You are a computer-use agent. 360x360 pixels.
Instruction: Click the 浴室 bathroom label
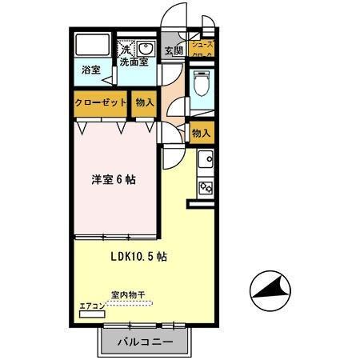pos(90,70)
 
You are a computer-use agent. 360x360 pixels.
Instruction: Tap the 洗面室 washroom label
pos(134,62)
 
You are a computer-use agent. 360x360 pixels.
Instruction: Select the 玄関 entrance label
pos(174,50)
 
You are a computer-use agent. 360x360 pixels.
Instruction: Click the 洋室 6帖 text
pos(113,179)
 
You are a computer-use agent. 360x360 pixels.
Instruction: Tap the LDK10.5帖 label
pos(138,257)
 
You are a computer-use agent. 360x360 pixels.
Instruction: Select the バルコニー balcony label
pos(145,342)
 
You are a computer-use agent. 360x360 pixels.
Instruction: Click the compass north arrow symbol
pos(270,293)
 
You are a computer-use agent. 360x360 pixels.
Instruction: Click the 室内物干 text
pos(128,294)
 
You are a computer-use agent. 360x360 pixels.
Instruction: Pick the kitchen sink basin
pos(205,158)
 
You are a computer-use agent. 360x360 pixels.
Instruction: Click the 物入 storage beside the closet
pos(144,103)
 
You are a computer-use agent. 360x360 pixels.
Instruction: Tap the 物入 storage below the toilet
pos(202,133)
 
